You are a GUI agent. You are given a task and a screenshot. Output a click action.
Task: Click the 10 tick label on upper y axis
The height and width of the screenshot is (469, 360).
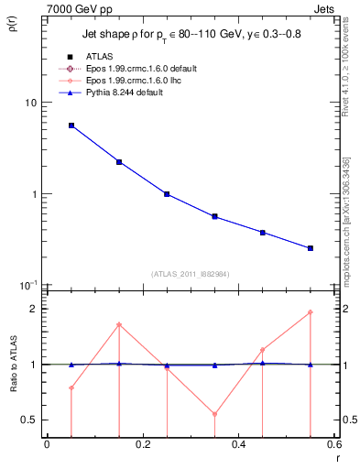pyautogui.click(x=30, y=103)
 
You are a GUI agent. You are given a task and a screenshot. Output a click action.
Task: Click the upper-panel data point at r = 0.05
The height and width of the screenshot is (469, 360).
pyautogui.click(x=71, y=125)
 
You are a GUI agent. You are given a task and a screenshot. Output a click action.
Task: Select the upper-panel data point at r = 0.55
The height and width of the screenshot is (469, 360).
pyautogui.click(x=311, y=248)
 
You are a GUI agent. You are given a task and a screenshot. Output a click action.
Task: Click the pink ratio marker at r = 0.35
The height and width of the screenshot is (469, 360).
pyautogui.click(x=214, y=414)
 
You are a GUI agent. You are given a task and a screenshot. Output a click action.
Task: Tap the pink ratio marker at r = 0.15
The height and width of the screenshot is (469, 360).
pyautogui.click(x=119, y=324)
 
